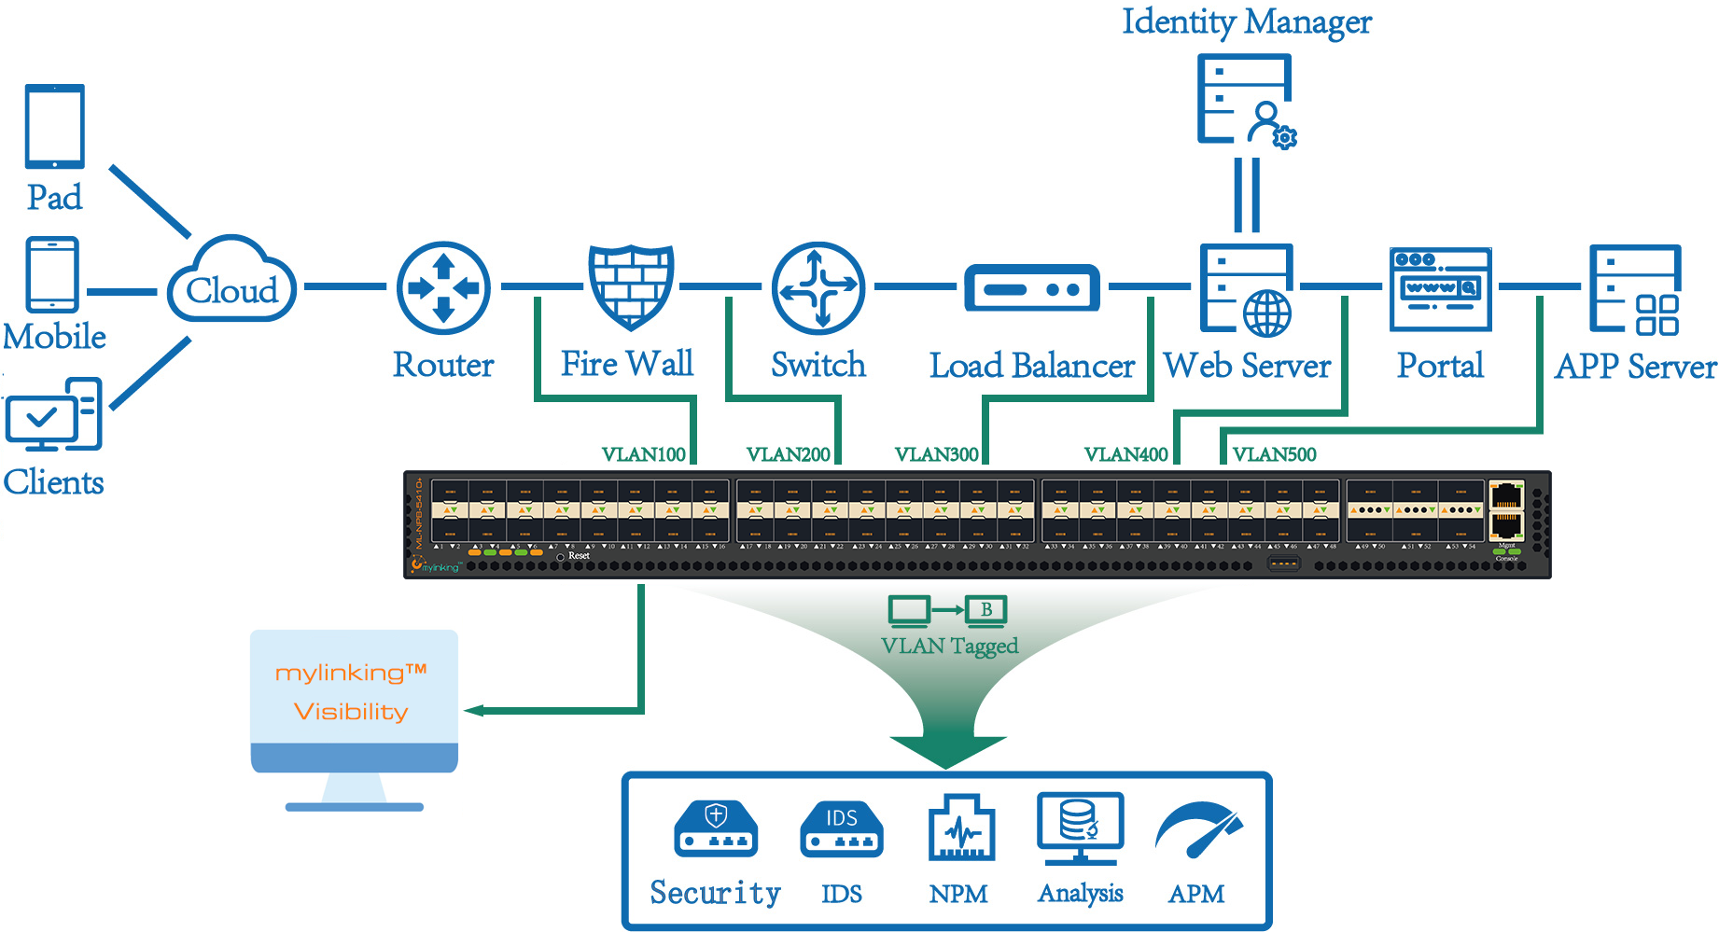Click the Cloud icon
232,281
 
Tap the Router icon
443,288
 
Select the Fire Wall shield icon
631,286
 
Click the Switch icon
818,288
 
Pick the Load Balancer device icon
1031,287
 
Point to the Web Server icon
1247,289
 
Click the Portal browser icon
1440,288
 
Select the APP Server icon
1635,289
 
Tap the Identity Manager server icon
1246,100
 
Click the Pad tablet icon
55,126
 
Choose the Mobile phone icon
53,274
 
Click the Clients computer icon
54,414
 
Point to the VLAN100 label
643,454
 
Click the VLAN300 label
936,454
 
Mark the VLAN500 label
1274,454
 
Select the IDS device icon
841,828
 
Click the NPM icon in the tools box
960,828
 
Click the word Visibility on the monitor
351,712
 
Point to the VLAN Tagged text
949,646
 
